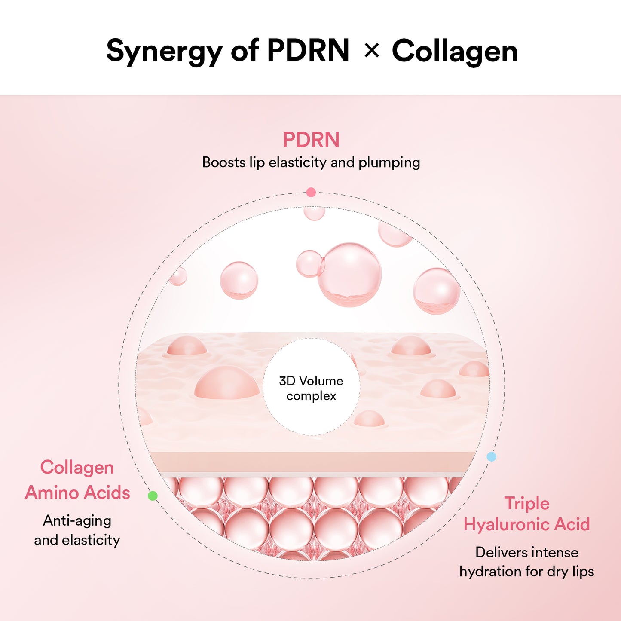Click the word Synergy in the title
pos(165,52)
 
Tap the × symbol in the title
pos(371,51)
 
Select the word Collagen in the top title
pos(455,52)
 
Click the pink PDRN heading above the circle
pos(311,140)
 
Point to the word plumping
pos(389,162)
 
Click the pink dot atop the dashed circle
pos(311,193)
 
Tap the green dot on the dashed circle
pos(153,496)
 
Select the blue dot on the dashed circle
pos(491,457)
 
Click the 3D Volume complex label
pos(311,388)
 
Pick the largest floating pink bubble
pos(350,275)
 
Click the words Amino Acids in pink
pos(77,493)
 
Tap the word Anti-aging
pos(77,520)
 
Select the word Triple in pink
pos(527,503)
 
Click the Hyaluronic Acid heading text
pos(527,524)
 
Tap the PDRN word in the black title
pos(308,51)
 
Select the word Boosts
pos(223,162)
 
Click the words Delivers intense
pos(527,552)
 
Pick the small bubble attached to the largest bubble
pos(309,263)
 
